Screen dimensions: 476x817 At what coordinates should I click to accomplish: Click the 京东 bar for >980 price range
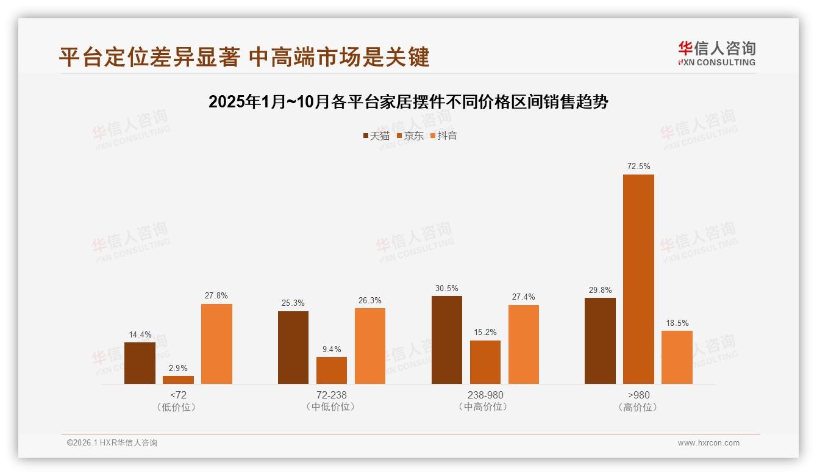click(638, 279)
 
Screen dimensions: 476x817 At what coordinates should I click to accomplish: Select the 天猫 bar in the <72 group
click(140, 363)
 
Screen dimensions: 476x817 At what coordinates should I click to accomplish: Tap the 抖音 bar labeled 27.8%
click(216, 344)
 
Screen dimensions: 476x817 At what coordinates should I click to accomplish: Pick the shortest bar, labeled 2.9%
click(178, 380)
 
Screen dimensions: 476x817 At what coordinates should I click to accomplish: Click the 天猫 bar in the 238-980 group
click(446, 340)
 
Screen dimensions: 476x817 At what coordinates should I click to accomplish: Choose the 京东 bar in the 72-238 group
click(332, 370)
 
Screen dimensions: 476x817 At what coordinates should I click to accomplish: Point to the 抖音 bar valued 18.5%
click(677, 357)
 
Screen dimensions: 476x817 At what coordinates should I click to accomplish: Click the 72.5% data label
click(638, 166)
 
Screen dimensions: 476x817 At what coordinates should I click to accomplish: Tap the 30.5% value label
click(446, 288)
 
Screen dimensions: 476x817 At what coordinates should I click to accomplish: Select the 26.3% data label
click(370, 300)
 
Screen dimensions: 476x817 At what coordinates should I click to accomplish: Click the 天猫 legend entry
click(376, 135)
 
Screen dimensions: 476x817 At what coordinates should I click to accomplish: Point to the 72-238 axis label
click(332, 395)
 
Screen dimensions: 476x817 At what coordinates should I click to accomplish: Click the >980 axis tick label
click(638, 395)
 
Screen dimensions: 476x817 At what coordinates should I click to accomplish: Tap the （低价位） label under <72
click(178, 407)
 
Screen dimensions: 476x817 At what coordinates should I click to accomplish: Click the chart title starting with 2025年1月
click(408, 102)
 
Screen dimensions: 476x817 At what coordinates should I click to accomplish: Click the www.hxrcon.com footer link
click(708, 443)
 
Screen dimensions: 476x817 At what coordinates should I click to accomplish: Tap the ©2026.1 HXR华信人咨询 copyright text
click(112, 443)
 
